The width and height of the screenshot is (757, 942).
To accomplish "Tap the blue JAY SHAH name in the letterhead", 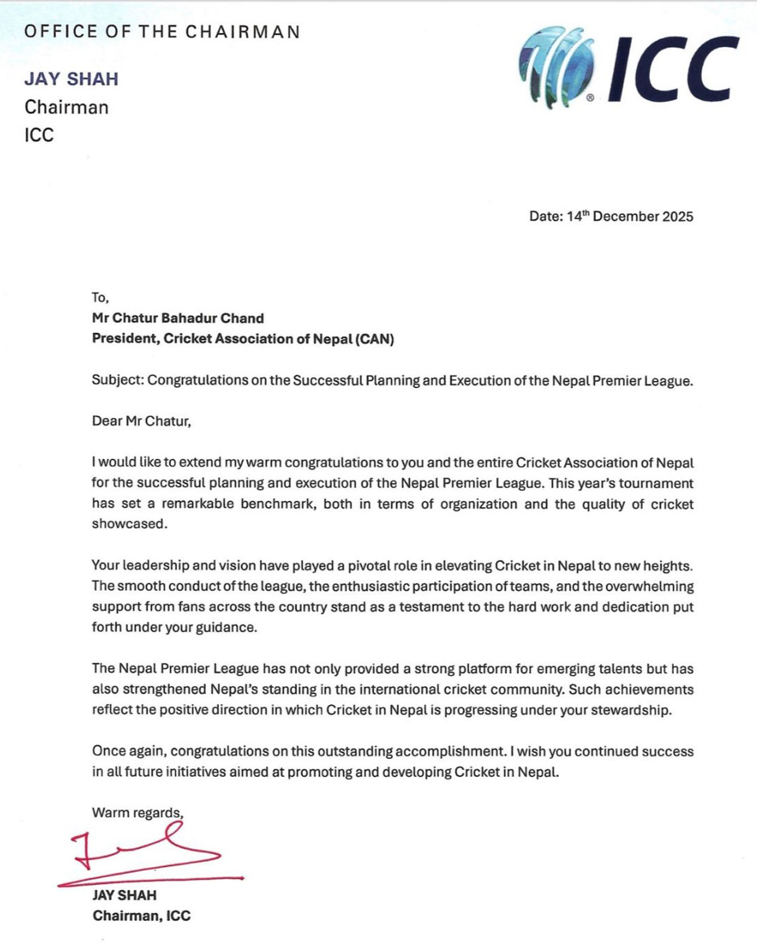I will pyautogui.click(x=71, y=79).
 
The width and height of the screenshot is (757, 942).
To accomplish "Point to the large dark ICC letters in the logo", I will pyautogui.click(x=673, y=69).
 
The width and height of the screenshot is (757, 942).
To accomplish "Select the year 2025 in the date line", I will pyautogui.click(x=677, y=217).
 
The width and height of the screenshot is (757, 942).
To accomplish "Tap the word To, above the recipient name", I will pyautogui.click(x=100, y=298).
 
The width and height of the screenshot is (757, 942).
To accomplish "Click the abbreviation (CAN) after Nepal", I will pyautogui.click(x=374, y=339).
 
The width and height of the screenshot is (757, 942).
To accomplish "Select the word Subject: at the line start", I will pyautogui.click(x=117, y=380).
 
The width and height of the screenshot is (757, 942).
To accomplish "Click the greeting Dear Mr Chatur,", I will pyautogui.click(x=141, y=421).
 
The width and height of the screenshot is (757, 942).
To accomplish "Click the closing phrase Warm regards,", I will pyautogui.click(x=138, y=813).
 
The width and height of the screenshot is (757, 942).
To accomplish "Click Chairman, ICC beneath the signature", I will pyautogui.click(x=141, y=916).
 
